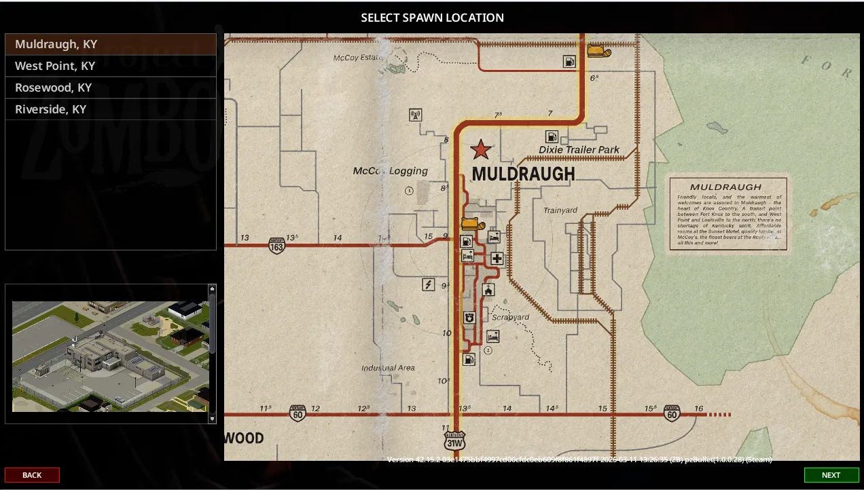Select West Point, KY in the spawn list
pos(55,66)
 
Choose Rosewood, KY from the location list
pos(53,88)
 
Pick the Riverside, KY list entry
pos(51,109)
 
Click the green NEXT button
pos(831,475)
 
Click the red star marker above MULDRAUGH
pos(481,149)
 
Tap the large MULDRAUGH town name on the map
pos(523,174)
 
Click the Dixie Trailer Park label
pos(579,149)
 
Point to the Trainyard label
pos(560,210)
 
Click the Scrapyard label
pos(511,317)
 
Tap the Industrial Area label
pos(388,368)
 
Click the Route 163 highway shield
pos(276,245)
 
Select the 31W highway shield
pos(454,440)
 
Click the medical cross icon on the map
pos(497,258)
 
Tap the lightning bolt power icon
pos(429,284)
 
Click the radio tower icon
pos(416,115)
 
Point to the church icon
pos(488,290)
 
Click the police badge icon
pos(469,318)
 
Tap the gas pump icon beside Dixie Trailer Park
pos(552,136)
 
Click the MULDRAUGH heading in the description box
pos(725,187)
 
